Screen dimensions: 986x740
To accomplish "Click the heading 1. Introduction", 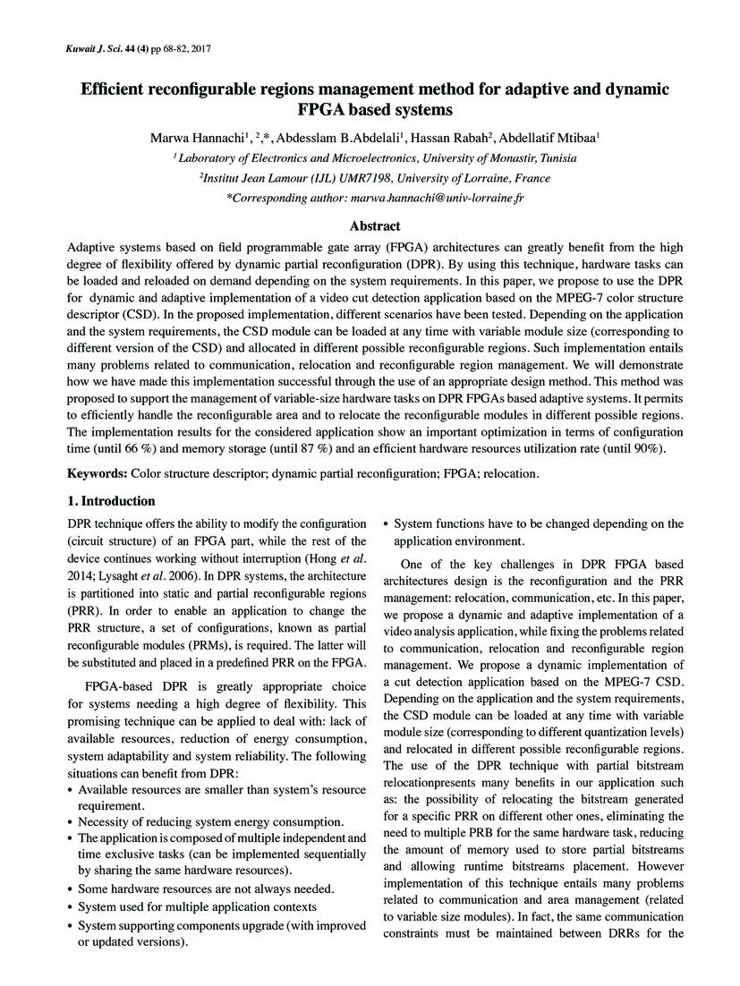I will (x=111, y=500).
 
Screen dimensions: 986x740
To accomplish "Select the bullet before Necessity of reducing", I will (x=72, y=821).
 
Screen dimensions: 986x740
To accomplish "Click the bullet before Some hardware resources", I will (x=72, y=888).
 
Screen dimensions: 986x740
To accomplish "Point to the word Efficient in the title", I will (x=121, y=89).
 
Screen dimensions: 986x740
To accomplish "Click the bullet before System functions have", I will (x=387, y=524).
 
